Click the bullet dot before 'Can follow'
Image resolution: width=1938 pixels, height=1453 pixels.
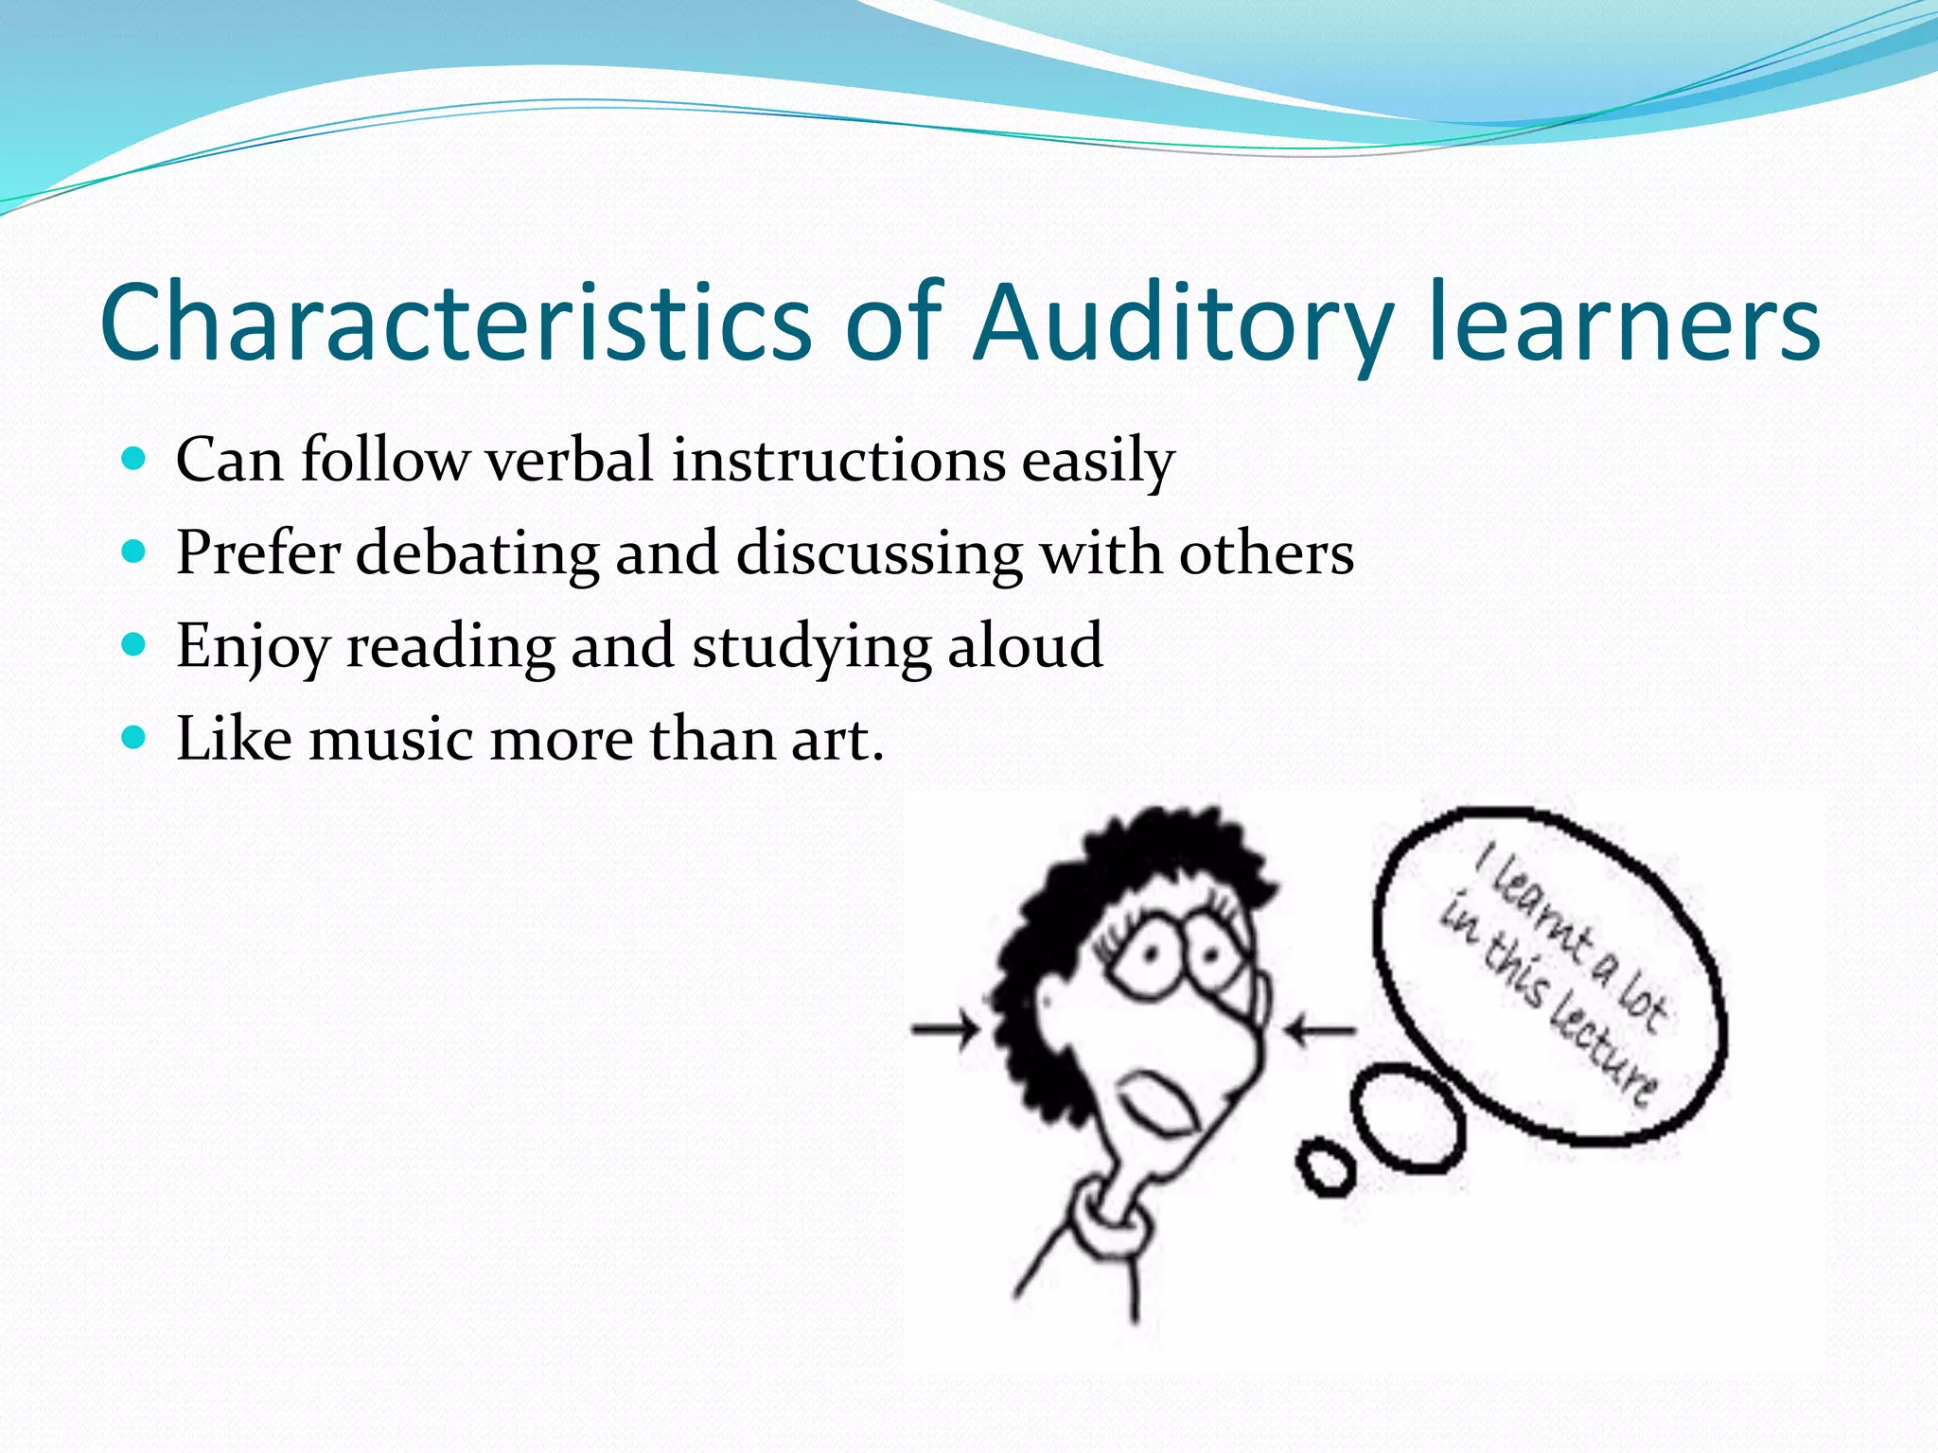135,460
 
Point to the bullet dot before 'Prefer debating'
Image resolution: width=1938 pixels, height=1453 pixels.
135,551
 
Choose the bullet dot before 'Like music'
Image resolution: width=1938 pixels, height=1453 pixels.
135,737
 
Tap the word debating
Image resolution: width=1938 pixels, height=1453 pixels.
477,553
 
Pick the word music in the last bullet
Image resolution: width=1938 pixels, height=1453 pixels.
392,739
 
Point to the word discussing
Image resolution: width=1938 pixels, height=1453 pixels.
879,553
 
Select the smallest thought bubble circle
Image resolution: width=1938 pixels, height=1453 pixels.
1327,1170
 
